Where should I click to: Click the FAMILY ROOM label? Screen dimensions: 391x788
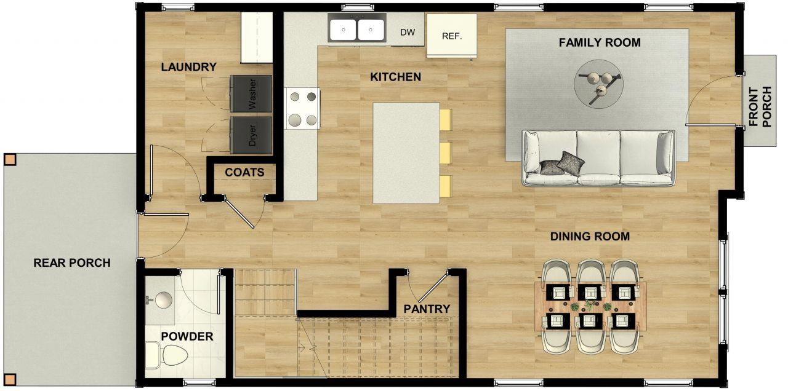tap(599, 43)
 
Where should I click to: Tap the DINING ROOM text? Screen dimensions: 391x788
tap(589, 237)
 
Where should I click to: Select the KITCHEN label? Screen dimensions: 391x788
tap(395, 77)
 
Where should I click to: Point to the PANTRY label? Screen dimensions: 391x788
tap(427, 309)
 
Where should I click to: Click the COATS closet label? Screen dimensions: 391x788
tap(244, 173)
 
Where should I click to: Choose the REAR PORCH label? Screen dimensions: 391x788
tap(71, 263)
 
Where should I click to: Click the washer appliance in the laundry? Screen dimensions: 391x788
tap(251, 93)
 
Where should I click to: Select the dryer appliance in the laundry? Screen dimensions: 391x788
tap(251, 135)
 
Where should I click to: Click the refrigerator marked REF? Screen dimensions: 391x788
tap(451, 36)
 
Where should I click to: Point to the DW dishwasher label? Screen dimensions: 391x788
tap(408, 33)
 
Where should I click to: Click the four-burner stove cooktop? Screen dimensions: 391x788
tap(302, 108)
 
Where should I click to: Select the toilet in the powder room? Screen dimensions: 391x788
tap(167, 355)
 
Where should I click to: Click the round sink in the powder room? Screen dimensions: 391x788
tap(163, 300)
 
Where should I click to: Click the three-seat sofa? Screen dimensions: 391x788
tap(598, 158)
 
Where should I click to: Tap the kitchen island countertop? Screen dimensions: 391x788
tap(406, 152)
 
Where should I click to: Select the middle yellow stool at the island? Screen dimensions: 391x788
tap(446, 152)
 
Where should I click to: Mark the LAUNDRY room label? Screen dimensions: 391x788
tap(188, 67)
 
